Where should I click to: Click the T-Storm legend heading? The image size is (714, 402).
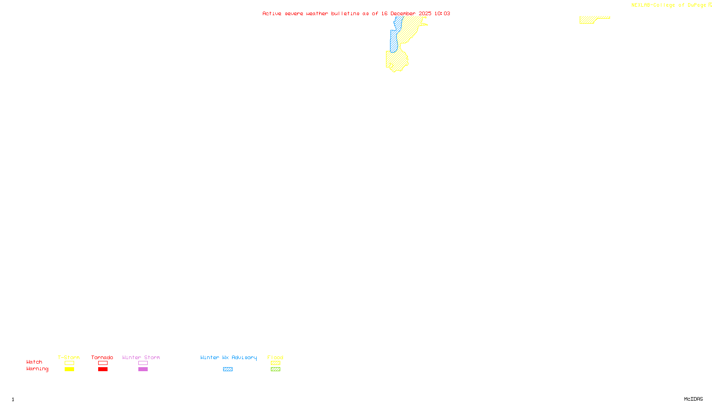pyautogui.click(x=69, y=357)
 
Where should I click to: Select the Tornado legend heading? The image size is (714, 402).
pyautogui.click(x=102, y=357)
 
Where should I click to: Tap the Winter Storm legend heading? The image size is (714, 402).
pyautogui.click(x=141, y=357)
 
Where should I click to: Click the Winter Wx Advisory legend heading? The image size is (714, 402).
pyautogui.click(x=228, y=357)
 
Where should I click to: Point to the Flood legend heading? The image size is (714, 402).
pyautogui.click(x=275, y=357)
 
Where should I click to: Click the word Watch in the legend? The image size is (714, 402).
pyautogui.click(x=34, y=362)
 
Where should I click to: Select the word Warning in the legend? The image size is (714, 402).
pyautogui.click(x=37, y=369)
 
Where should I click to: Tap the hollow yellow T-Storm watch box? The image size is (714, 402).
pyautogui.click(x=69, y=363)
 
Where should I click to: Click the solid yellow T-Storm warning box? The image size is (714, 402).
pyautogui.click(x=69, y=369)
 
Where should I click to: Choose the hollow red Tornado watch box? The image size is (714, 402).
pyautogui.click(x=103, y=363)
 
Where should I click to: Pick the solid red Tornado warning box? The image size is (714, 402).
pyautogui.click(x=103, y=369)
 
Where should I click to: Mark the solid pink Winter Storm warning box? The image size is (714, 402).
pyautogui.click(x=143, y=369)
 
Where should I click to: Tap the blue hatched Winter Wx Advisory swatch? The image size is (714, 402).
pyautogui.click(x=228, y=369)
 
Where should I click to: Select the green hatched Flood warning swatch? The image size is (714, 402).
pyautogui.click(x=275, y=369)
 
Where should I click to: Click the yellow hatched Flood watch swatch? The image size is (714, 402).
pyautogui.click(x=275, y=363)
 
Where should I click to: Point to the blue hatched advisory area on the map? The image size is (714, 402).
pyautogui.click(x=394, y=41)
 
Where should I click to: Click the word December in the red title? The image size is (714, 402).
pyautogui.click(x=403, y=13)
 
